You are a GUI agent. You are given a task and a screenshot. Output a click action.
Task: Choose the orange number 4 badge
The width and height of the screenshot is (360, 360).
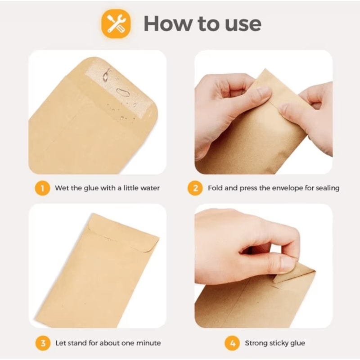tap(232, 343)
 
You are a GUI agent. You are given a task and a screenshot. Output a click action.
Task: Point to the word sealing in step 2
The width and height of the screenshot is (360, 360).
tap(327, 188)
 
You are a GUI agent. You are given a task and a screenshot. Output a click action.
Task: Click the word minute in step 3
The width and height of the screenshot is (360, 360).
tap(149, 343)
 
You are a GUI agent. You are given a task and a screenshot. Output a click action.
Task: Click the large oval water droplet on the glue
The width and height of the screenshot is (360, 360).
tap(123, 92)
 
